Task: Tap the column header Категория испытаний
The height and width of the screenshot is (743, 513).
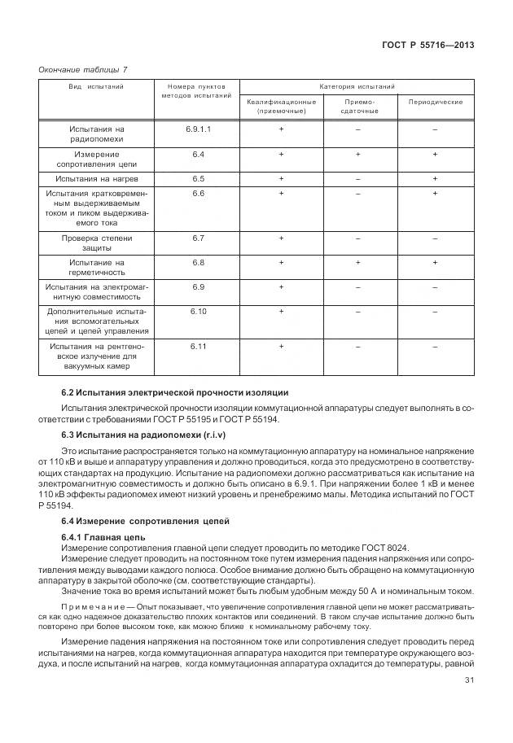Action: (357, 85)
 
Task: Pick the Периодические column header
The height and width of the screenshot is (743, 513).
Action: (435, 102)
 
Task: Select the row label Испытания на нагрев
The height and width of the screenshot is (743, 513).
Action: (96, 177)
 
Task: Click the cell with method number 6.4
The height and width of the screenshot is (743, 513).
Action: (198, 154)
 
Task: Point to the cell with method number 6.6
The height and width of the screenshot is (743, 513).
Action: (198, 193)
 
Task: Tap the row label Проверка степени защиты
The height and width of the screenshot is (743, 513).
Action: (96, 243)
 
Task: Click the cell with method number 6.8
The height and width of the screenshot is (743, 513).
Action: (198, 262)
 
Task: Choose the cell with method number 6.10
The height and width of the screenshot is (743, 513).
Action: (198, 311)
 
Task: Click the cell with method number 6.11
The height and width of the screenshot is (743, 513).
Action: (198, 347)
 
